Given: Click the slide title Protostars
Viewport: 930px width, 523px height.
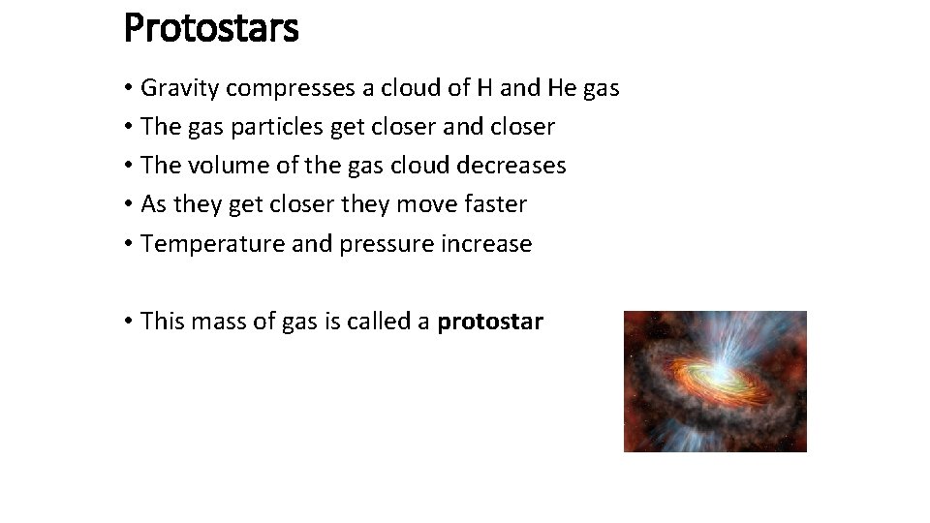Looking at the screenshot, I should (211, 27).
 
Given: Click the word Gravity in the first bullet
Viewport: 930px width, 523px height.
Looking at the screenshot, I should (178, 89).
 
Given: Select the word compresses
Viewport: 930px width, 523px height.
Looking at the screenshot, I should (290, 89).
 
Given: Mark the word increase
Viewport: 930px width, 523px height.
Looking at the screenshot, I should (486, 244).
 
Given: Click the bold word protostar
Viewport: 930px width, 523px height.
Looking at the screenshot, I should (490, 322).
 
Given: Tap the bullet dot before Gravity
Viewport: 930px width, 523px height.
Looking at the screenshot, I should (129, 89).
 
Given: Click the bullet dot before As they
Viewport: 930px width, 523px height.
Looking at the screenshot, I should (129, 204).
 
